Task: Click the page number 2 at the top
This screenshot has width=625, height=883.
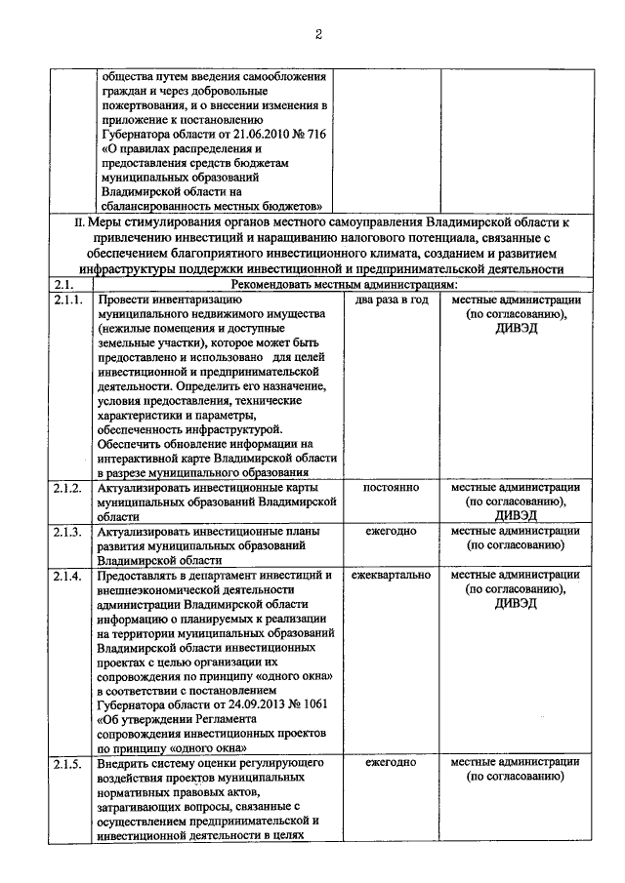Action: [317, 35]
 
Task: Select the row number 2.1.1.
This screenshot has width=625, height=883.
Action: [70, 300]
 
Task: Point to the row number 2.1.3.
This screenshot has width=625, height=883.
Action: [70, 532]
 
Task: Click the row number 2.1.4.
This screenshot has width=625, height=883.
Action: [70, 576]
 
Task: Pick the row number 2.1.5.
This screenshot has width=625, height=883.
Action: [70, 762]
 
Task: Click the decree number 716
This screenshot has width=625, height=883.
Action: [320, 134]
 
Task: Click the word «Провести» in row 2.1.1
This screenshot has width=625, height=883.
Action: [124, 300]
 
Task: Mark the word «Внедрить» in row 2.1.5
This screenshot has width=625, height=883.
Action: [124, 762]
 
